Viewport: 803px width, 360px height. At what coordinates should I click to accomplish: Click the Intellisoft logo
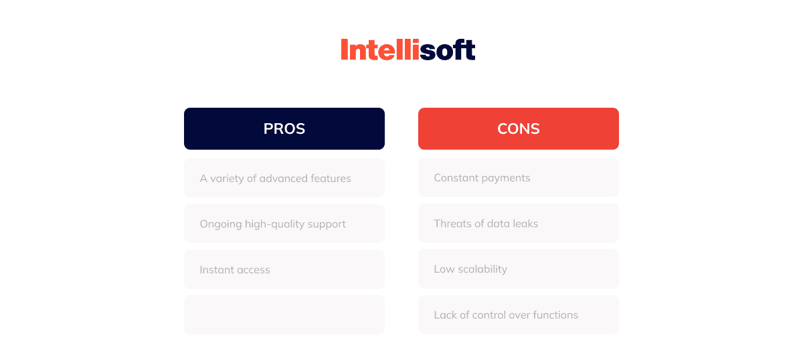408,49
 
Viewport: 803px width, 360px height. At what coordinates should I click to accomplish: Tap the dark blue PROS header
284,128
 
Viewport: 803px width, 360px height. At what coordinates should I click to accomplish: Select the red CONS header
519,128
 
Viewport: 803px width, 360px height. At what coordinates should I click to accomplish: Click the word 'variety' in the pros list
227,179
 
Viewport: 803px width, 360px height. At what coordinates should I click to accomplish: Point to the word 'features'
331,178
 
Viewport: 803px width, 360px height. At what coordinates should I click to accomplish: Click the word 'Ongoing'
221,224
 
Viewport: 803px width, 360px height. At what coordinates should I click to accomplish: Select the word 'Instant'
216,270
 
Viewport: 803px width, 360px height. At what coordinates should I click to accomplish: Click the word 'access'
253,270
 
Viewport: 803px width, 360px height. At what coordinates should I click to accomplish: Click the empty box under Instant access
284,314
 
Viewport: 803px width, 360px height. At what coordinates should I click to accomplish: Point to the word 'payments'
506,179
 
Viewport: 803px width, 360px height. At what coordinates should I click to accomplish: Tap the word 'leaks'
525,223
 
